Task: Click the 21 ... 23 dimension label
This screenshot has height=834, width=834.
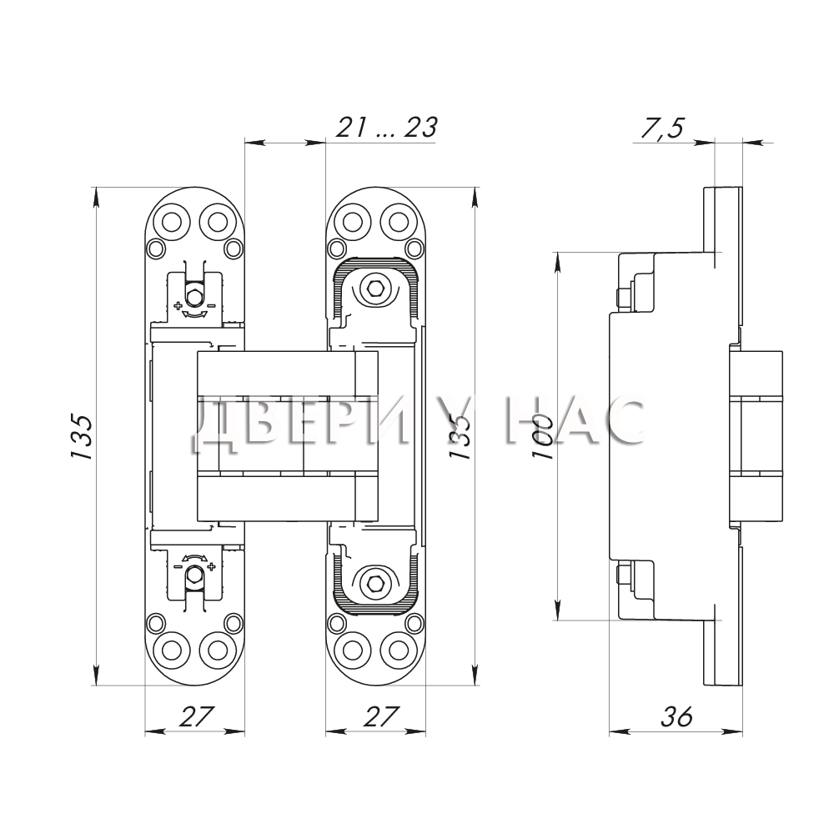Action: click(386, 128)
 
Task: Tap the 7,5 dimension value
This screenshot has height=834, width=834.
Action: click(663, 128)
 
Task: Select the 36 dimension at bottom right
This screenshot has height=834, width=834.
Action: click(676, 716)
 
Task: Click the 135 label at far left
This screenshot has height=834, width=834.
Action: click(82, 436)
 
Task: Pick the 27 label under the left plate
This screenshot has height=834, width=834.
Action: click(195, 716)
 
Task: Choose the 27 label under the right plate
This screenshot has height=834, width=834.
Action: click(381, 716)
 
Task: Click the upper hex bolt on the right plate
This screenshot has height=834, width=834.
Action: click(375, 289)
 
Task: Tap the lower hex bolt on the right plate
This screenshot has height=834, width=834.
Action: click(375, 582)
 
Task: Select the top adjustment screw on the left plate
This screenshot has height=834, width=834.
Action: click(194, 296)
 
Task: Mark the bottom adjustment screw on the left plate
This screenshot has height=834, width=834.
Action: click(194, 575)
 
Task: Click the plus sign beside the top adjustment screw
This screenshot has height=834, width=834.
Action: click(178, 306)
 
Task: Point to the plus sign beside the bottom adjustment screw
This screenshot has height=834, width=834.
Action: click(212, 566)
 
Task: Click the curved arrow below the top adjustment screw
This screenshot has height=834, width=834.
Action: click(194, 315)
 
